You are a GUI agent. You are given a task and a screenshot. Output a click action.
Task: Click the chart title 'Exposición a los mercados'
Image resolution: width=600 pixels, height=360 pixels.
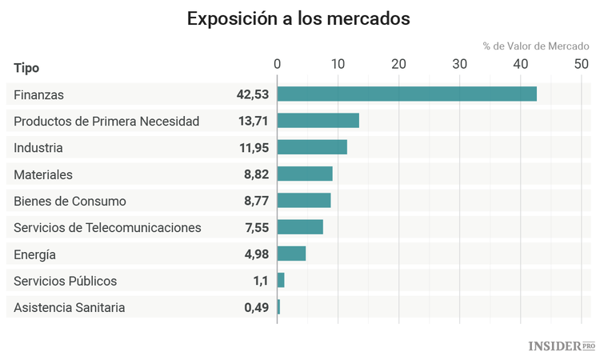pos(298,19)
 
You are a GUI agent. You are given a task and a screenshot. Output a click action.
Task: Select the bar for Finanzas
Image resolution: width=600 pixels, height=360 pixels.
pos(406,94)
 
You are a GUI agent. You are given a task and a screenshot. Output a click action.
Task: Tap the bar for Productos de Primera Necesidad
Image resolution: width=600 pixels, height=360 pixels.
pos(318,121)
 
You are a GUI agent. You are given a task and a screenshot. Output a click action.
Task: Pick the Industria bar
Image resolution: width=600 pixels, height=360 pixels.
pos(312,147)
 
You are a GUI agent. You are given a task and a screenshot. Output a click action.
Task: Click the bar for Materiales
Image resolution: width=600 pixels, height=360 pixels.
pos(305,174)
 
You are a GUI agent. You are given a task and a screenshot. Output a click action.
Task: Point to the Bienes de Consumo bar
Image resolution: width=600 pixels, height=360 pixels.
pos(304,201)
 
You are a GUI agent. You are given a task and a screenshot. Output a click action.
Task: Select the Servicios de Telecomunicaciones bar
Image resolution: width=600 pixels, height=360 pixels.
pos(300,227)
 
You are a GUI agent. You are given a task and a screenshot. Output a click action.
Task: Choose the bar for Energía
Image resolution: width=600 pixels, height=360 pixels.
pos(292,254)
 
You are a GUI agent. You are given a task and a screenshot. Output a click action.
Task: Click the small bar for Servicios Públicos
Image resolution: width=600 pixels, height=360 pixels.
pos(281,281)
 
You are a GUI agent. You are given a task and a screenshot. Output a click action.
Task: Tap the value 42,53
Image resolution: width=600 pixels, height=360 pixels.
pos(252,94)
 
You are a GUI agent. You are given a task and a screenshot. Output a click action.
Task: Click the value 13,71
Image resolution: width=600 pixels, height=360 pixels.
pos(252,121)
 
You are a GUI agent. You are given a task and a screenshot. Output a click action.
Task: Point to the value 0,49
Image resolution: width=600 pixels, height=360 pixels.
pos(256,308)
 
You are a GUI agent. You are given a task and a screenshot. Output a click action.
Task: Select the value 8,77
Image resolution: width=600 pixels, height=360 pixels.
pos(256,201)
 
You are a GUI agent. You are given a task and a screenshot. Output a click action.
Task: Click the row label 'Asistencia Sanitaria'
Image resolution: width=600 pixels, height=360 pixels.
pos(70,308)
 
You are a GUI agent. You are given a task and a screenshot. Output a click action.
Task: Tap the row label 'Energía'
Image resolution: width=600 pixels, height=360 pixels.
pos(34,254)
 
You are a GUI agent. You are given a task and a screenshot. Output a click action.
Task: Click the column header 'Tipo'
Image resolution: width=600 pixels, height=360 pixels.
pos(26,68)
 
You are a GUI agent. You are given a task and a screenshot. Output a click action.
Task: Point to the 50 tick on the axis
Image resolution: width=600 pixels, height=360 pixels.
pos(581,64)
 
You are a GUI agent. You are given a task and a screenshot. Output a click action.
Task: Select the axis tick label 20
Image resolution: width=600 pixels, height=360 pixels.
pos(398,64)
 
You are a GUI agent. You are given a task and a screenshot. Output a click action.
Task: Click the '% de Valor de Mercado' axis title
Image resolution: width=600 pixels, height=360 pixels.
pos(535,46)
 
